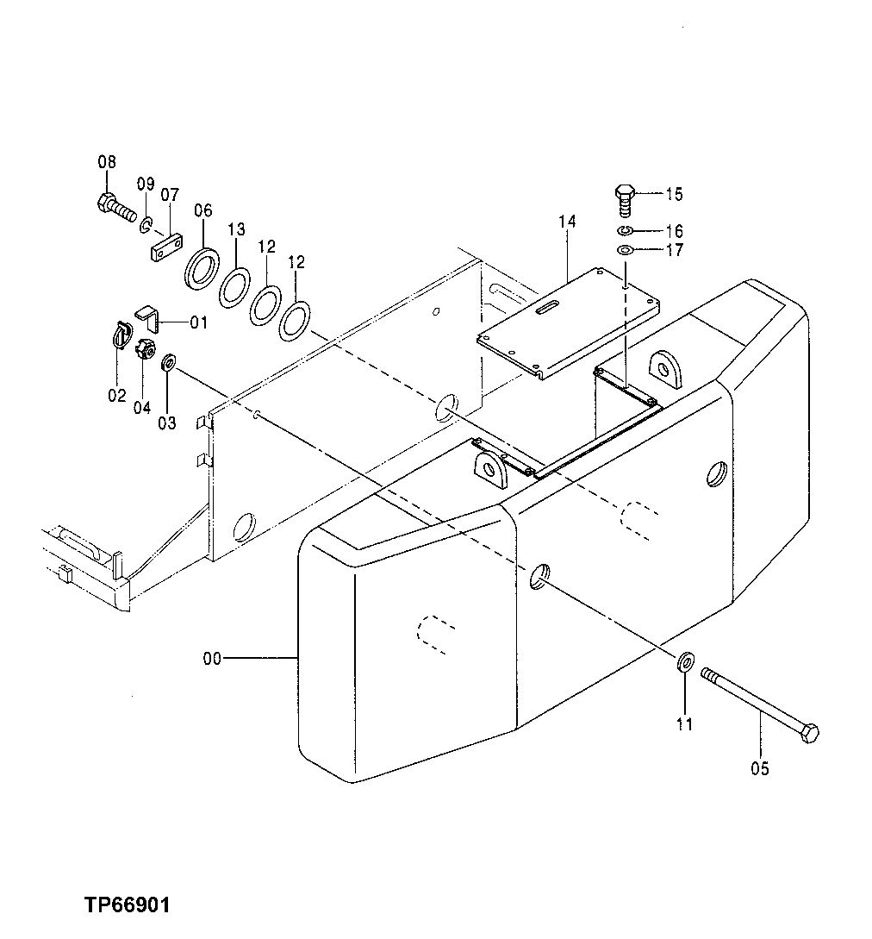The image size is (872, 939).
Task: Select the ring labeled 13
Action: [x=234, y=287]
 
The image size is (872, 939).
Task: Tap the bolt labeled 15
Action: [x=626, y=201]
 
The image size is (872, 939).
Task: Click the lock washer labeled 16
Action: [x=626, y=231]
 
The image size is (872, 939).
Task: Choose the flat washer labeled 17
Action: [x=626, y=250]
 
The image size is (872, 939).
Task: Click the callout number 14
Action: [x=566, y=222]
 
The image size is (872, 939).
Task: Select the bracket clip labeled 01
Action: [x=148, y=317]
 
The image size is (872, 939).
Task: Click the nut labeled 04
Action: [x=144, y=350]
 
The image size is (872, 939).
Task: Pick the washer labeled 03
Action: [x=169, y=360]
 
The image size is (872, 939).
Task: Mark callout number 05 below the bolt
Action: [x=761, y=768]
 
